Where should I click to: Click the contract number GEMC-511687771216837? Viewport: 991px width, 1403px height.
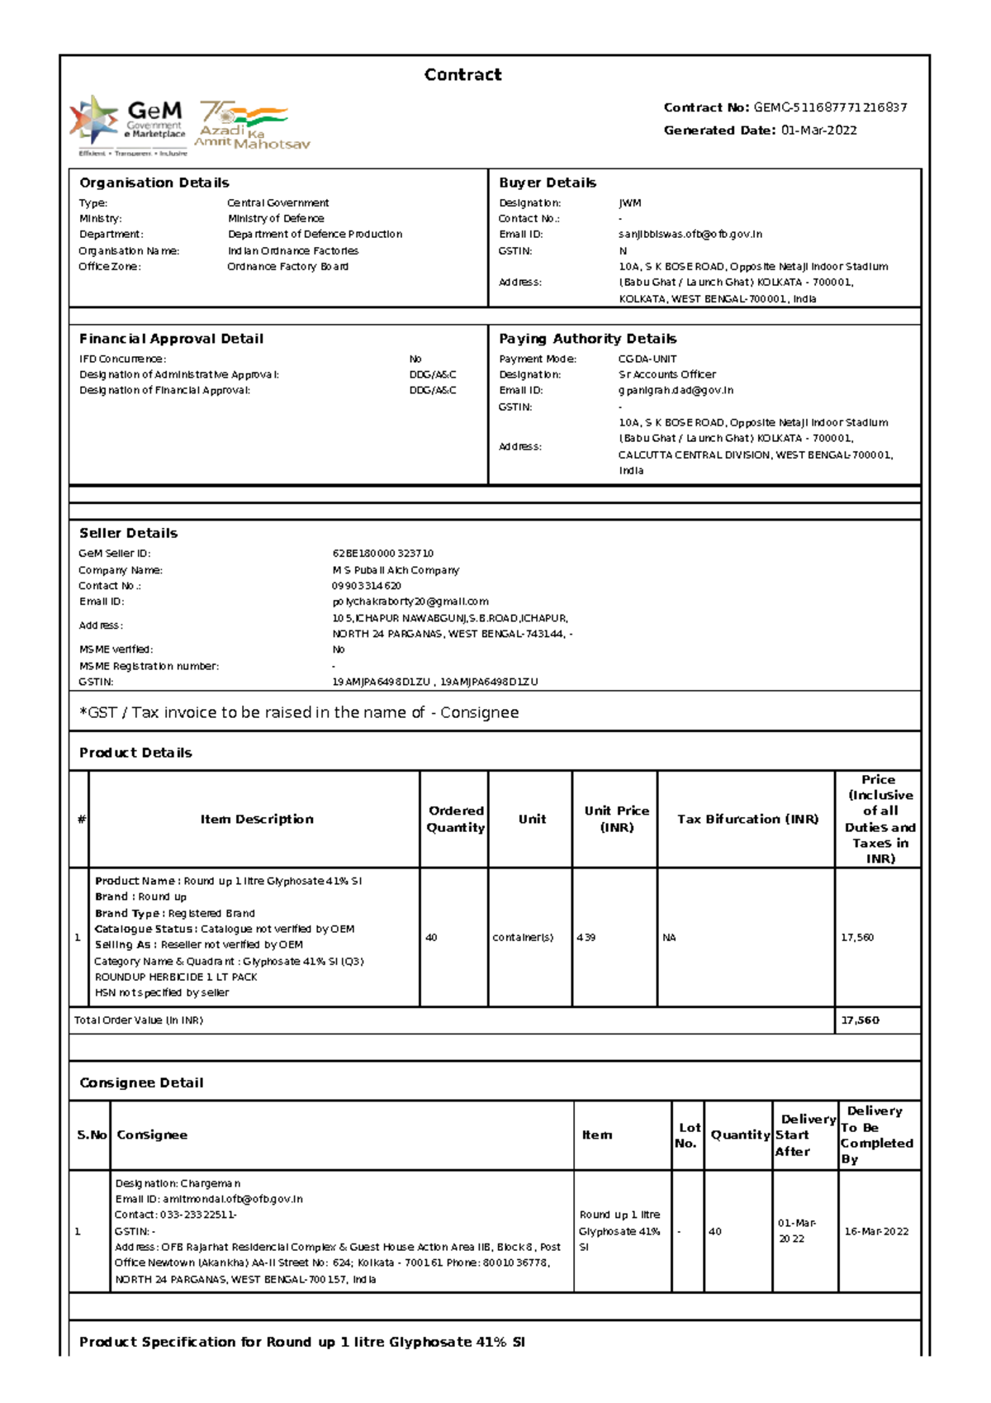(x=830, y=107)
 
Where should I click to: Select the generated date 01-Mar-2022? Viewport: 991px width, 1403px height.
(x=818, y=131)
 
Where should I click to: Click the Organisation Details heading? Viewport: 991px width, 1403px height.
(x=154, y=183)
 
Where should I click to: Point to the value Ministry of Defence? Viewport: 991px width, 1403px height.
(x=276, y=219)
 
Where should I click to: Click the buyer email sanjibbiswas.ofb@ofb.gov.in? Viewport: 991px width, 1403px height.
(x=690, y=235)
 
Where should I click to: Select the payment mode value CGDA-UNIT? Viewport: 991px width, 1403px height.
(x=647, y=359)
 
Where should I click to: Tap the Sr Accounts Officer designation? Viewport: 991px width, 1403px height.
(x=667, y=375)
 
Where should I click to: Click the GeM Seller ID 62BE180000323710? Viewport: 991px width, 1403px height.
(x=382, y=554)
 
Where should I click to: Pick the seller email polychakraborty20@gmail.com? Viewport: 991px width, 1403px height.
(x=410, y=602)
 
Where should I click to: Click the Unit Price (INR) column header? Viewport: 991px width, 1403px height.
(x=616, y=819)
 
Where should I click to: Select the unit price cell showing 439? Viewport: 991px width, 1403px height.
(x=586, y=938)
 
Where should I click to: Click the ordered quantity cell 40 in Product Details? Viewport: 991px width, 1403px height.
(x=431, y=938)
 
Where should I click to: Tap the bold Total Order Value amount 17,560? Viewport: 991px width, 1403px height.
(x=860, y=1020)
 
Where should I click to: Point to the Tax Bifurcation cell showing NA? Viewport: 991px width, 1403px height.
(x=669, y=938)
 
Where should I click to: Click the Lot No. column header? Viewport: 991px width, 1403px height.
(x=687, y=1135)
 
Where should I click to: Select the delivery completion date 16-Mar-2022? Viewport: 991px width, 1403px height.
(x=876, y=1231)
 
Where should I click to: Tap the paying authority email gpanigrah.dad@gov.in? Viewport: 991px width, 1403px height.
(x=676, y=391)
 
